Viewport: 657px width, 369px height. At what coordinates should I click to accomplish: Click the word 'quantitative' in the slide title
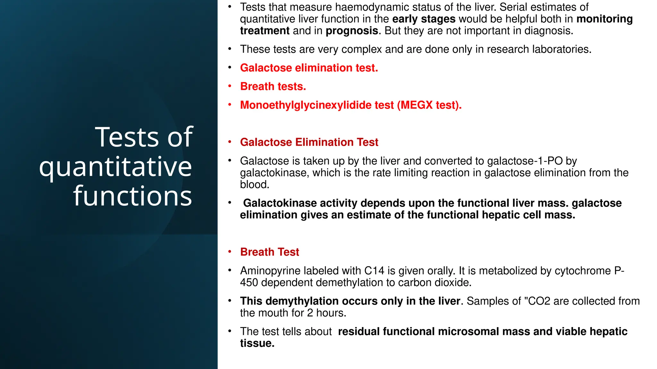click(x=115, y=167)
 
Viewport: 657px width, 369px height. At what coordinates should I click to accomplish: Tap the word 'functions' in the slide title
click(x=132, y=196)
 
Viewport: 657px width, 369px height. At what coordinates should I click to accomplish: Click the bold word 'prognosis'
click(x=352, y=31)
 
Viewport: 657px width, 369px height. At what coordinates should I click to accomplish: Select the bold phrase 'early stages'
click(x=423, y=19)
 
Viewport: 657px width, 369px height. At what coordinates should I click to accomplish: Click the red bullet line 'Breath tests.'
click(x=273, y=86)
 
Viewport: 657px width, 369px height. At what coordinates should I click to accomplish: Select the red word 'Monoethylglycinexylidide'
click(x=317, y=105)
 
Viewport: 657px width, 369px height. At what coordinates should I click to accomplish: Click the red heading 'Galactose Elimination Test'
click(x=309, y=142)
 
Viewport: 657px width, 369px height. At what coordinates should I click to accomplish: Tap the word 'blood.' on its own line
click(x=254, y=184)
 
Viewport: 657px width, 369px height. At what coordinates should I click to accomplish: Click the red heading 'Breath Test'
click(x=269, y=252)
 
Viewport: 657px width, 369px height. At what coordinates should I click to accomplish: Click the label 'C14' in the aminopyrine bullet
click(x=374, y=271)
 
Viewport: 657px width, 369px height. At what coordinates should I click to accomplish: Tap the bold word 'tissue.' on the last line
click(x=257, y=343)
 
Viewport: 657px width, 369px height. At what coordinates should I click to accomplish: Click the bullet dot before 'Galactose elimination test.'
click(x=230, y=68)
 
